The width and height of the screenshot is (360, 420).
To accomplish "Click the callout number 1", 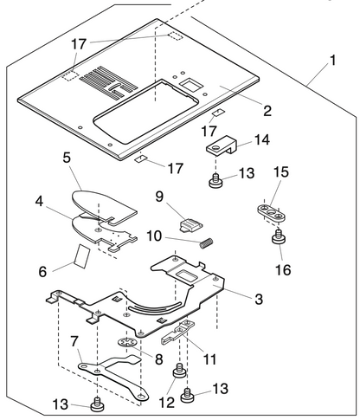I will tap(332, 63).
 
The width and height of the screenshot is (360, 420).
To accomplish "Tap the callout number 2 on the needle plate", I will tap(267, 110).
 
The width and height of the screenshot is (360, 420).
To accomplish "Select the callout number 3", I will tap(258, 299).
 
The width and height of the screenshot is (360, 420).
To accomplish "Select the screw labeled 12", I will tap(180, 372).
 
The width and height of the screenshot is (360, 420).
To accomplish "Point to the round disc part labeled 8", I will tap(128, 346).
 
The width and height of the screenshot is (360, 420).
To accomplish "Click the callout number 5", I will tap(68, 158).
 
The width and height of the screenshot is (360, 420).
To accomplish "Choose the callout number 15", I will tap(281, 173).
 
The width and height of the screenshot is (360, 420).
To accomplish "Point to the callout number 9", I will tap(159, 197).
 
